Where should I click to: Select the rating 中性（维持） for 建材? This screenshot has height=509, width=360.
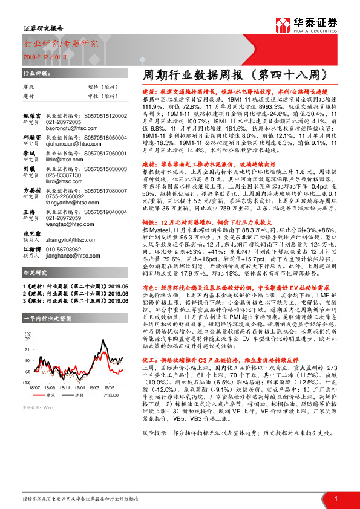pyautogui.click(x=109, y=96)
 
